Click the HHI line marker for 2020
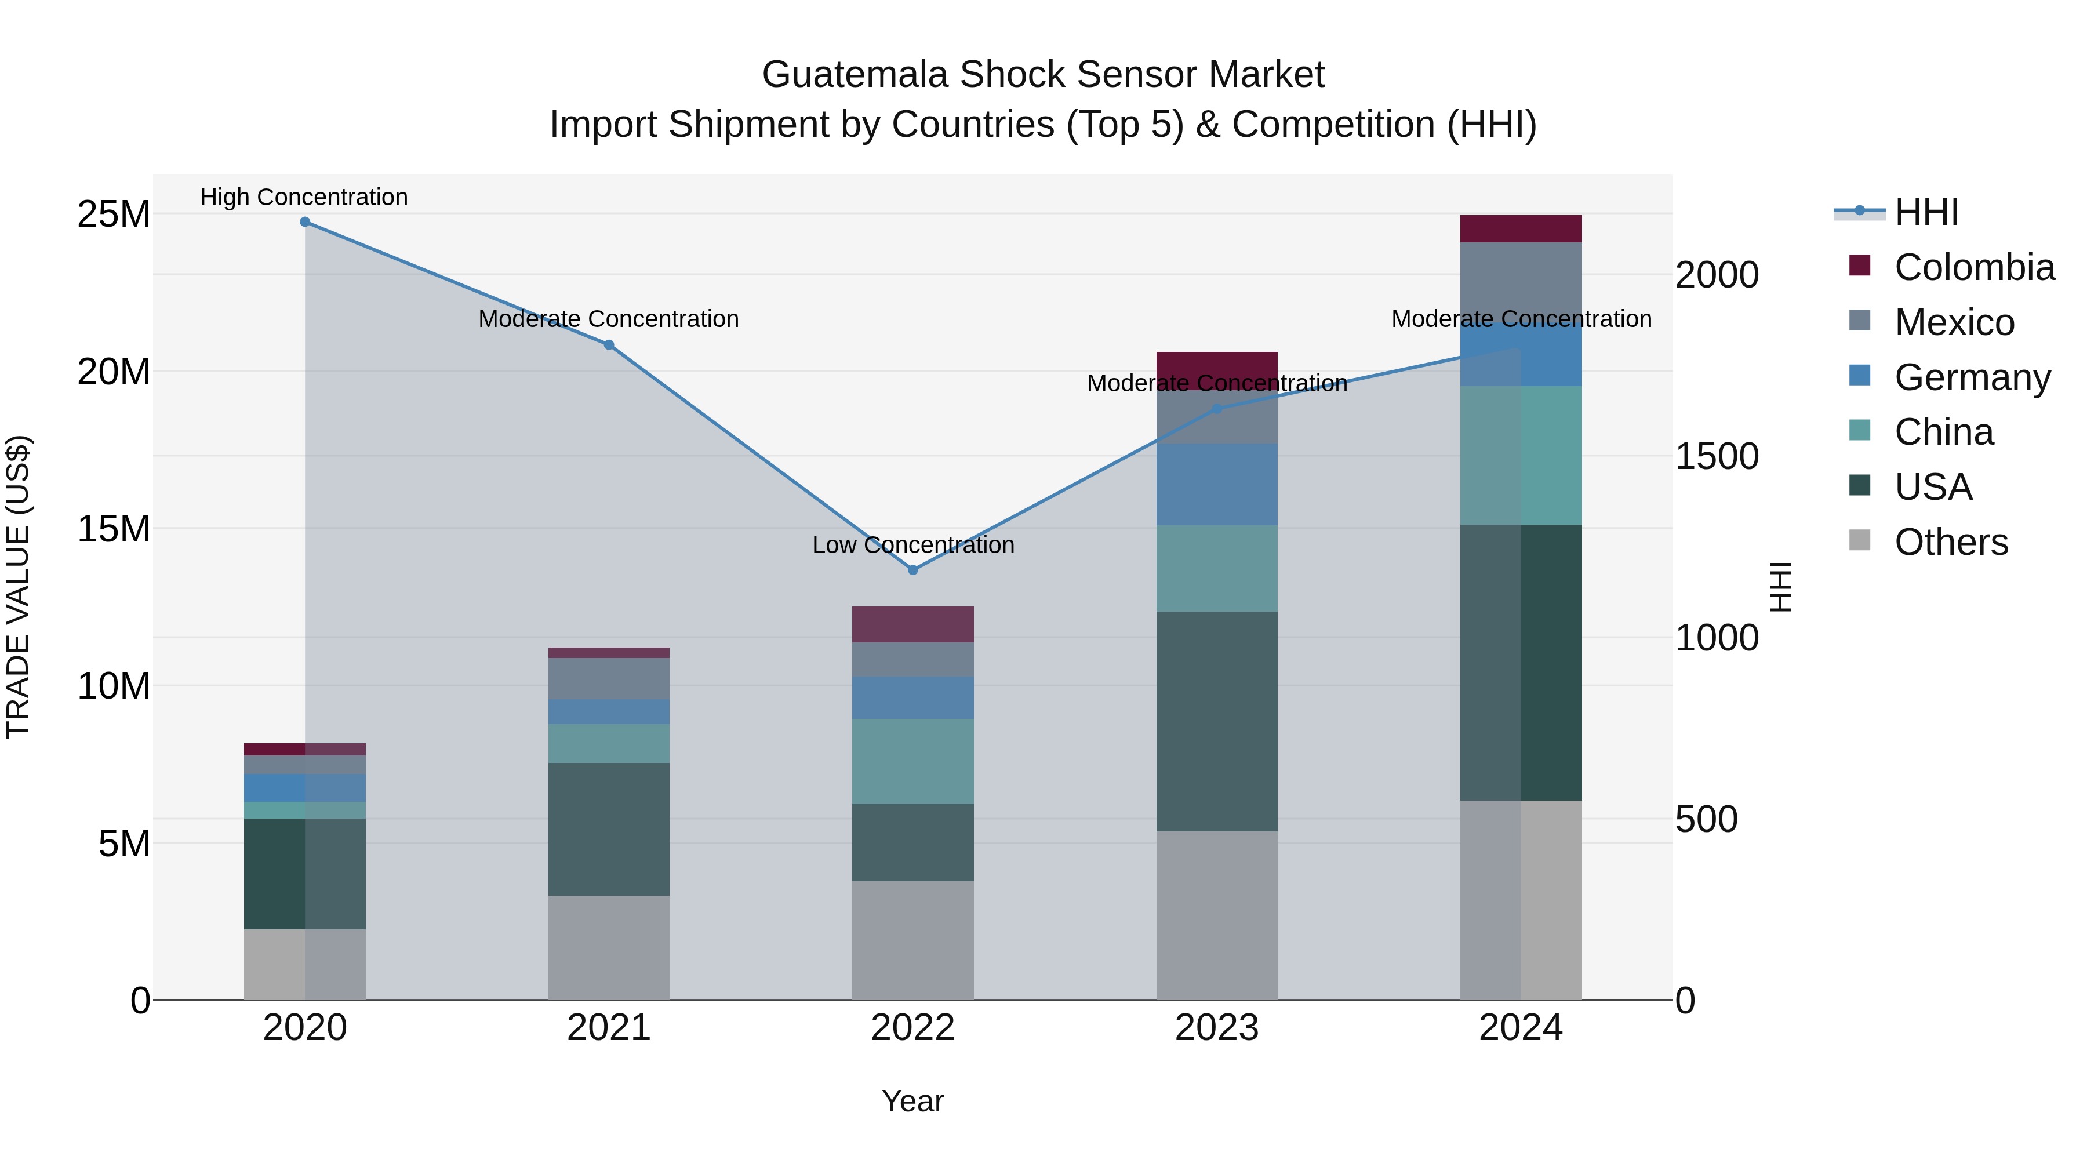pyautogui.click(x=304, y=222)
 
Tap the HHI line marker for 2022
pyautogui.click(x=913, y=570)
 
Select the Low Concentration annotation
pyautogui.click(x=913, y=546)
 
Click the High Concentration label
pyautogui.click(x=304, y=197)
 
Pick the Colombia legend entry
pyautogui.click(x=1973, y=267)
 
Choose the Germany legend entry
pyautogui.click(x=1972, y=377)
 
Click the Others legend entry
pyautogui.click(x=1951, y=542)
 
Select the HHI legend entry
pyautogui.click(x=1926, y=212)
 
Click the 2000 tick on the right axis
pyautogui.click(x=1717, y=275)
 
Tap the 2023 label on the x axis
pyautogui.click(x=1217, y=1028)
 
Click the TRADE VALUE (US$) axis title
pyautogui.click(x=18, y=587)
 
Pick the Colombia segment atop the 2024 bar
pyautogui.click(x=1521, y=228)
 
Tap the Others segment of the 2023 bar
pyautogui.click(x=1217, y=915)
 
